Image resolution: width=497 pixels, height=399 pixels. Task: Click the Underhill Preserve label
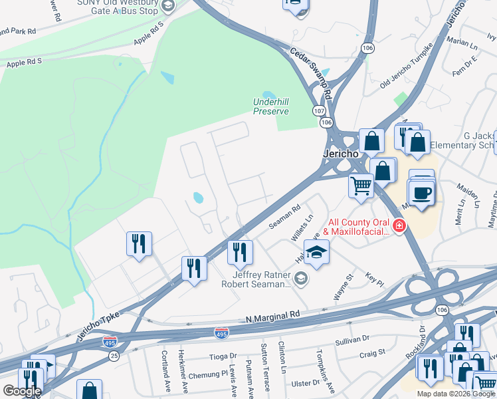(270, 106)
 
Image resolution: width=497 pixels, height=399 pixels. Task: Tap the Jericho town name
(340, 153)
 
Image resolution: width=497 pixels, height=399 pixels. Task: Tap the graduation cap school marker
(316, 252)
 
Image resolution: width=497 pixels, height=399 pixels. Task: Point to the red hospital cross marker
(399, 227)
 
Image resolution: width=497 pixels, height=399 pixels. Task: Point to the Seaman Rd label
(285, 217)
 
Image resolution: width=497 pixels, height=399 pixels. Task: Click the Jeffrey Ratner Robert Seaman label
(261, 279)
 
